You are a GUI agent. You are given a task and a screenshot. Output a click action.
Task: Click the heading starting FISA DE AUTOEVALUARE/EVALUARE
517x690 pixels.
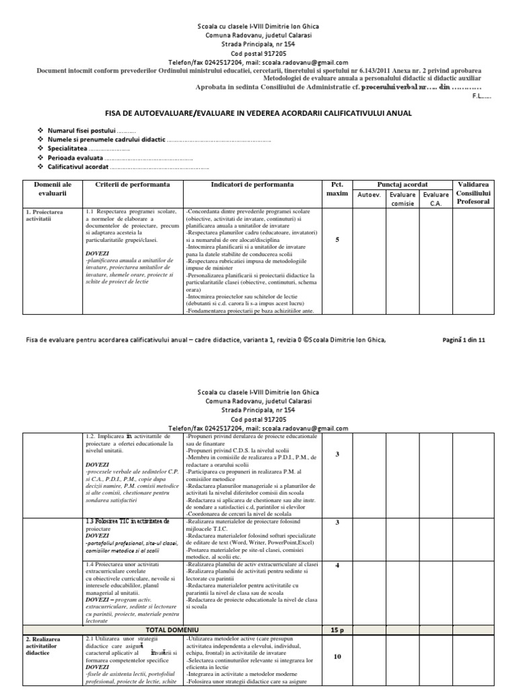point(258,113)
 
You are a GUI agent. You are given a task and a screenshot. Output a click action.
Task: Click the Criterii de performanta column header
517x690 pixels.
point(132,184)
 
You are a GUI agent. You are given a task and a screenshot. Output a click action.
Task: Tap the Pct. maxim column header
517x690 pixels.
point(337,189)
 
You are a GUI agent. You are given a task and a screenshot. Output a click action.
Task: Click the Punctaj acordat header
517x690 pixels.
point(402,184)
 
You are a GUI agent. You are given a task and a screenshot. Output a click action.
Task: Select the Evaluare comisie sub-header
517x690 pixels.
point(402,199)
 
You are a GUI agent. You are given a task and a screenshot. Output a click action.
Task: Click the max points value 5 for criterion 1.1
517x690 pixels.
point(337,239)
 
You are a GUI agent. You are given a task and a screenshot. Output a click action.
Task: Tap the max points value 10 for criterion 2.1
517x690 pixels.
point(337,637)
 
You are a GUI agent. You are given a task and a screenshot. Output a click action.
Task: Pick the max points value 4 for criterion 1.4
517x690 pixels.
point(337,565)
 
